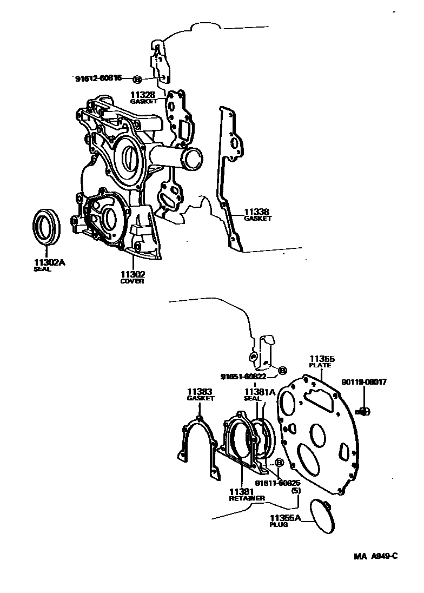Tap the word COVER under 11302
pyautogui.click(x=132, y=281)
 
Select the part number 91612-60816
pyautogui.click(x=98, y=79)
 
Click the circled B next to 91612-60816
pyautogui.click(x=137, y=79)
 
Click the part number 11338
pyautogui.click(x=257, y=212)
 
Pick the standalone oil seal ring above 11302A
pyautogui.click(x=46, y=226)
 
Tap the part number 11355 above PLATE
pyautogui.click(x=322, y=358)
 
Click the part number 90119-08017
pyautogui.click(x=364, y=382)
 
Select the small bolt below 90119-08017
pyautogui.click(x=364, y=412)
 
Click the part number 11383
pyautogui.click(x=200, y=391)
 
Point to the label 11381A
pyautogui.click(x=260, y=391)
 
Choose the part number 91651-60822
pyautogui.click(x=243, y=377)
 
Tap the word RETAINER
pyautogui.click(x=247, y=498)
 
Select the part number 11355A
pyautogui.click(x=285, y=517)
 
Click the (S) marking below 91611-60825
pyautogui.click(x=295, y=490)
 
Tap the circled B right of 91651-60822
pyautogui.click(x=282, y=371)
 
